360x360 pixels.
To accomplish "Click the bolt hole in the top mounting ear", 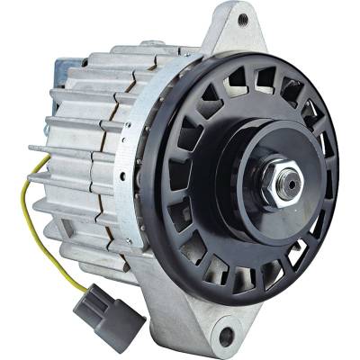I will tap(242, 17).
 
